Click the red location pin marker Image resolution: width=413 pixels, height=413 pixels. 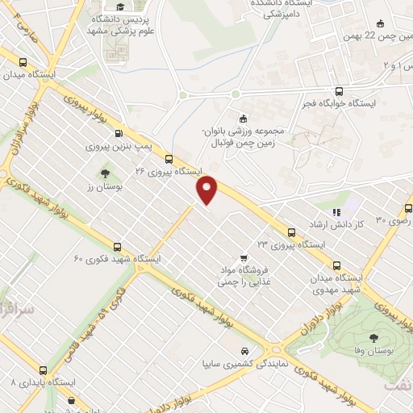[208, 189]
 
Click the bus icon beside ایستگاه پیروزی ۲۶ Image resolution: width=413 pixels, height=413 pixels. [169, 159]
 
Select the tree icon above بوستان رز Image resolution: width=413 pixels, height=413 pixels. [105, 173]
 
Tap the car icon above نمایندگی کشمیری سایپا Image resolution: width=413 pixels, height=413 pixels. [244, 353]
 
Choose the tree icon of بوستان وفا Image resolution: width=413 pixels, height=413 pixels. [373, 339]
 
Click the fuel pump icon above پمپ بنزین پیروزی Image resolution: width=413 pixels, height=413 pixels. [119, 133]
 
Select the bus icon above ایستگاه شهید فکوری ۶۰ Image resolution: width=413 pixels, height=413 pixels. [118, 247]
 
